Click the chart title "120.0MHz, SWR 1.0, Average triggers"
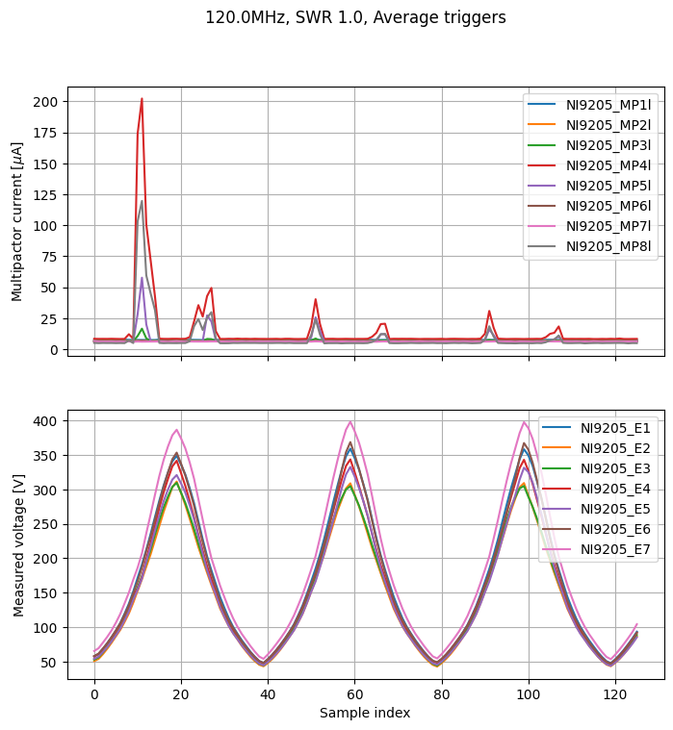355,17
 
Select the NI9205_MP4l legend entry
589,165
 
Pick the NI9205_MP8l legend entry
589,246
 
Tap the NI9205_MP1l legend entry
589,105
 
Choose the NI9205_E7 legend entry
596,549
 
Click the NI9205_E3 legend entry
596,468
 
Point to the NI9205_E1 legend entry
596,428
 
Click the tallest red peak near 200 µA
142,99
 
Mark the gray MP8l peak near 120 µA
142,201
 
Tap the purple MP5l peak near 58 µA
142,278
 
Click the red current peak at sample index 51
316,299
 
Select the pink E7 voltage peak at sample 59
350,422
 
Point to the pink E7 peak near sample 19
176,430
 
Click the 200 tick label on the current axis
45,102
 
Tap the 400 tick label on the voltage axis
45,421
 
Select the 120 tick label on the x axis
615,694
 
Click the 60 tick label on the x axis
354,694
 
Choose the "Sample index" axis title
365,713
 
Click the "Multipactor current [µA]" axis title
16,221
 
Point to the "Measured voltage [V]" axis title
18,545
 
